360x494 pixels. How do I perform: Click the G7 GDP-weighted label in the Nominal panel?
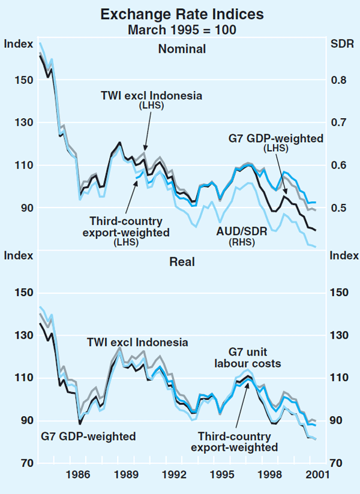[275, 138]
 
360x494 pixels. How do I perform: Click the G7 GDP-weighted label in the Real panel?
[88, 436]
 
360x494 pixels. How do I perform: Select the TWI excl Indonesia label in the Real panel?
[137, 342]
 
